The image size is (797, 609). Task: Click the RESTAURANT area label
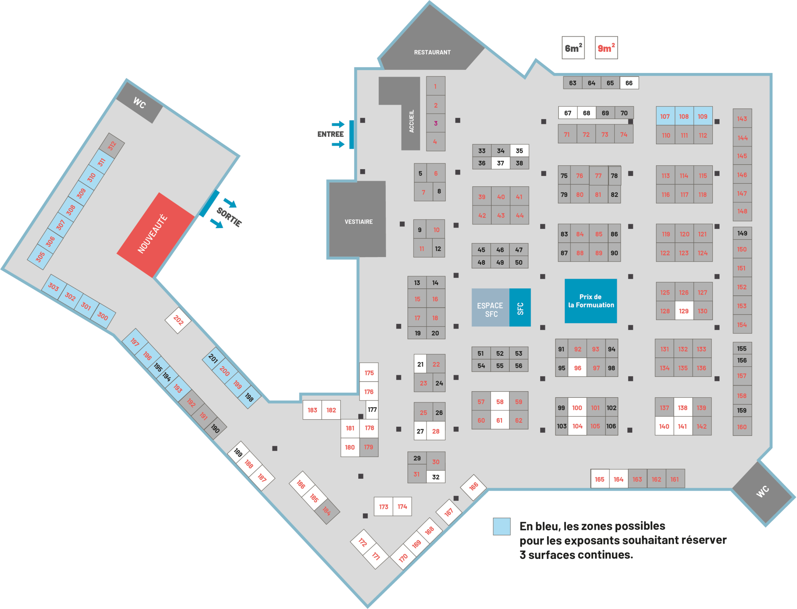click(432, 52)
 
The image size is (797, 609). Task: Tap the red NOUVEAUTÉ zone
click(155, 235)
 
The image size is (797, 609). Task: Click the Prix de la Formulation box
click(591, 301)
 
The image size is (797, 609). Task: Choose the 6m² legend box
click(573, 47)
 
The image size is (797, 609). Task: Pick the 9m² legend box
click(606, 47)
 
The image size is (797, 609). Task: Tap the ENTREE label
click(330, 134)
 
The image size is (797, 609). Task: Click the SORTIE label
click(229, 217)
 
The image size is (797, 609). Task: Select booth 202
click(178, 321)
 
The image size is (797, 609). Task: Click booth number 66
click(629, 83)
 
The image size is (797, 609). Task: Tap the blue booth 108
click(684, 116)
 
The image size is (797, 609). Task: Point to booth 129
click(684, 311)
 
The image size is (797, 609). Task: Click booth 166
click(474, 488)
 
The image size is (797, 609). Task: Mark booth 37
click(500, 163)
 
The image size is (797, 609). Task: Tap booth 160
click(742, 427)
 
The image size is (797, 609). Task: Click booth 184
click(327, 511)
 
